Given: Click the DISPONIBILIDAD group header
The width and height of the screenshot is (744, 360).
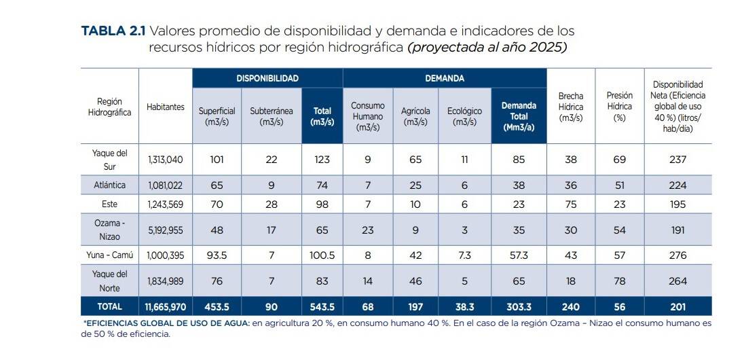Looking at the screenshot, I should [267, 78].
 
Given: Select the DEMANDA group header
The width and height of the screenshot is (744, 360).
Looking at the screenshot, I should [445, 78].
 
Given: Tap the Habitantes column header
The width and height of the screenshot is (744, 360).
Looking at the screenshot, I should [165, 107].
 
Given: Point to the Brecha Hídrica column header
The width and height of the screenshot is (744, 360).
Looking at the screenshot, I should [570, 107].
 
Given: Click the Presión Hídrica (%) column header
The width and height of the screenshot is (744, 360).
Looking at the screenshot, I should [619, 107].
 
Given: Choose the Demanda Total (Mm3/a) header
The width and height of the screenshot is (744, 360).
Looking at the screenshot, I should [519, 116].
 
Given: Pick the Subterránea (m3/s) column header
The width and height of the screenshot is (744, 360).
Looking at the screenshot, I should [271, 116].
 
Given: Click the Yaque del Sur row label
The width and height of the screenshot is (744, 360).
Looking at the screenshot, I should [109, 159].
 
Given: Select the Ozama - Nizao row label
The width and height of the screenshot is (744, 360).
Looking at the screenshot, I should [109, 230].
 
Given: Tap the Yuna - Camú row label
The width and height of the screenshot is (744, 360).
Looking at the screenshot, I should [109, 255].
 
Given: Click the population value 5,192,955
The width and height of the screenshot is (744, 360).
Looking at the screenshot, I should [165, 230].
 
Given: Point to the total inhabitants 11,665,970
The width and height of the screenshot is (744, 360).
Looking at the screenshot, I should [165, 307].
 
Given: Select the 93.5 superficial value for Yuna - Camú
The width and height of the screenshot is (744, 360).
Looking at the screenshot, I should [217, 255].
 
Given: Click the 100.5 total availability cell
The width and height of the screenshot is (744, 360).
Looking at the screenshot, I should [322, 255].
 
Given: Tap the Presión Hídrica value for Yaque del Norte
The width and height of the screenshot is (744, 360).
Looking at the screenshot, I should [619, 281].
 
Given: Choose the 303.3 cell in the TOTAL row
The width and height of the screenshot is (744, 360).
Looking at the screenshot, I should [519, 307].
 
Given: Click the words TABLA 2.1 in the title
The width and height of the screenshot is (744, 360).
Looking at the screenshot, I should [113, 31].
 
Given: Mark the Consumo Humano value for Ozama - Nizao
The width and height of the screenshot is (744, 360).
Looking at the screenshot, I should [367, 230].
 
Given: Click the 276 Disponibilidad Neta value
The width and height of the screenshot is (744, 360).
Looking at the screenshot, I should [677, 255].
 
